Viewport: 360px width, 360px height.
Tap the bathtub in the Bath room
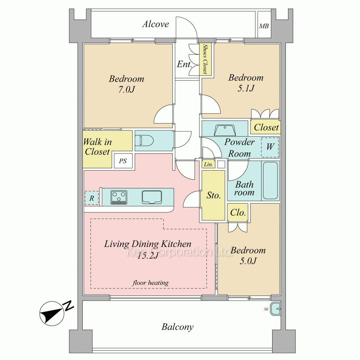pyautogui.click(x=270, y=180)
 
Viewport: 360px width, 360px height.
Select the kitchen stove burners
pyautogui.click(x=119, y=197)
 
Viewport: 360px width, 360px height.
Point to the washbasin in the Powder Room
pyautogui.click(x=225, y=129)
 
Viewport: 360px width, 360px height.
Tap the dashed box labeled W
pyautogui.click(x=270, y=147)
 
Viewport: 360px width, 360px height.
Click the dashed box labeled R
pyautogui.click(x=92, y=198)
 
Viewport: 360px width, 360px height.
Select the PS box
pyautogui.click(x=123, y=161)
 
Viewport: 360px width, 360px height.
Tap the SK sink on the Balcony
pyautogui.click(x=276, y=309)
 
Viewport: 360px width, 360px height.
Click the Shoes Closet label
pyautogui.click(x=205, y=59)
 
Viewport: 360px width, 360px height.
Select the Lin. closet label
pyautogui.click(x=208, y=165)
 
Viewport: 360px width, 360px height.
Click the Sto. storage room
pyautogui.click(x=213, y=195)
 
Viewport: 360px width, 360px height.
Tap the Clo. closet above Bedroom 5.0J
pyautogui.click(x=238, y=212)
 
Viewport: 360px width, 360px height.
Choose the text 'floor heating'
pyautogui.click(x=150, y=283)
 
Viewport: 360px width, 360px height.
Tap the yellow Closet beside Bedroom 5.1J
pyautogui.click(x=266, y=127)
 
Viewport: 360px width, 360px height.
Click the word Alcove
pyautogui.click(x=156, y=24)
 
